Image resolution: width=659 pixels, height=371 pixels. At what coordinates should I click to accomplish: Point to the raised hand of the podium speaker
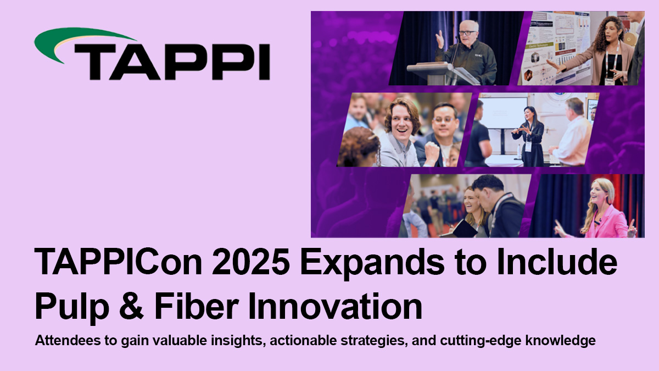point(439,39)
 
